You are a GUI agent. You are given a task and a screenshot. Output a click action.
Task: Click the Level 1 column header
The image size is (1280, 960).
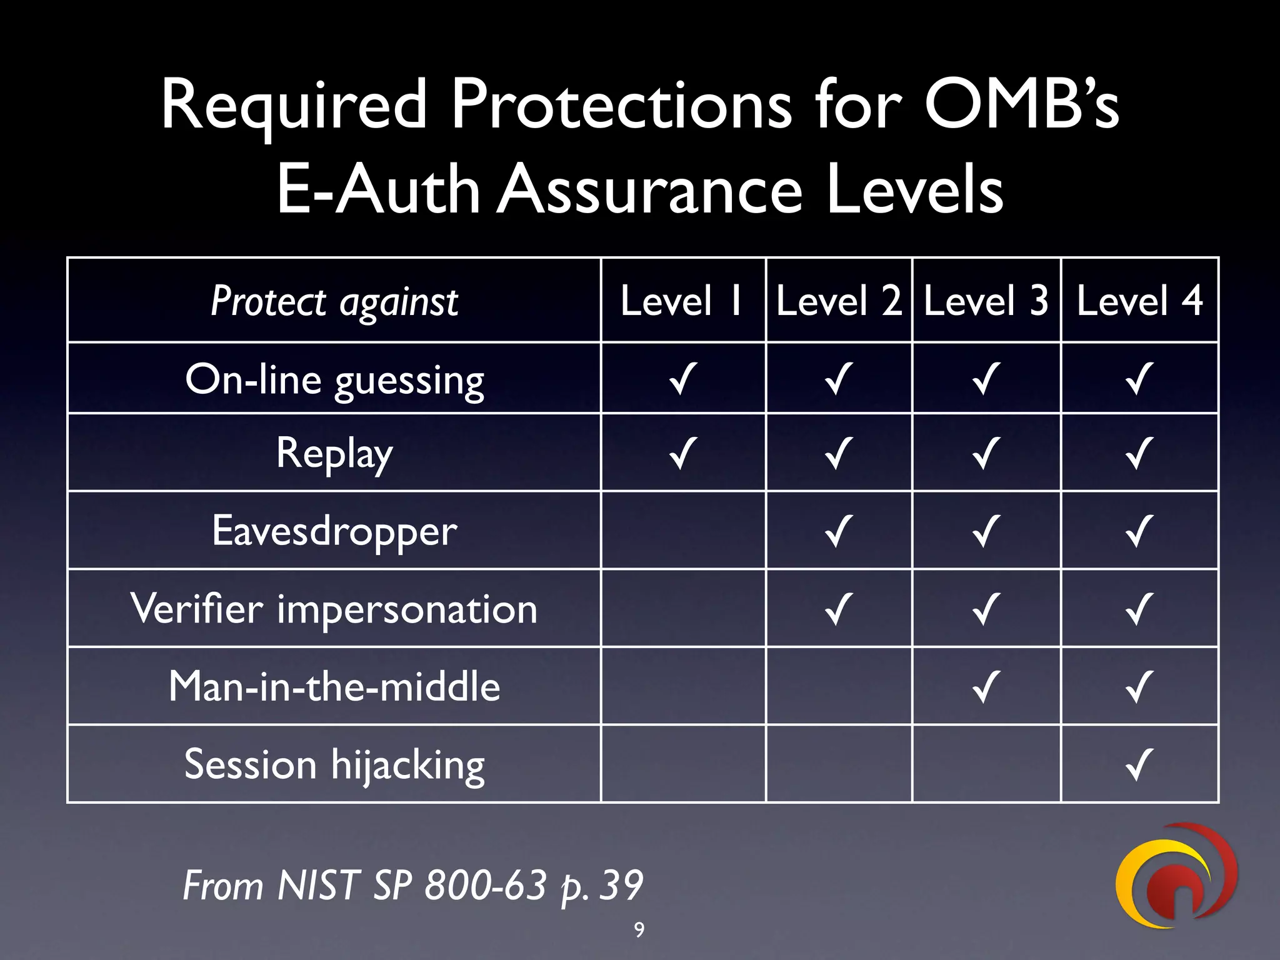[x=682, y=301]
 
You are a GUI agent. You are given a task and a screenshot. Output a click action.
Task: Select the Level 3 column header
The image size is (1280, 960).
[x=986, y=301]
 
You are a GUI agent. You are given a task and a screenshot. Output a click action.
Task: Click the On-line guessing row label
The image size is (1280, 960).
[x=334, y=380]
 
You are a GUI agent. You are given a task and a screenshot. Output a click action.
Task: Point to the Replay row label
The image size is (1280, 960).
[x=334, y=454]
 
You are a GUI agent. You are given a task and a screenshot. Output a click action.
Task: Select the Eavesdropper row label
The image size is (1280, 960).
[x=334, y=531]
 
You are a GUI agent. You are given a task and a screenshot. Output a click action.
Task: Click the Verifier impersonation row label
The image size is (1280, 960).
[x=334, y=609]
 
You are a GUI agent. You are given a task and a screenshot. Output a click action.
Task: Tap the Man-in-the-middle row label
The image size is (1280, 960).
[x=334, y=686]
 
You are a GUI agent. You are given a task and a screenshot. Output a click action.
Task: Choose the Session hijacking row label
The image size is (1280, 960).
[x=334, y=764]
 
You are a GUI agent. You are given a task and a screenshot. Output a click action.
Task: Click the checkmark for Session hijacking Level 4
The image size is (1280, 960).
[x=1139, y=764]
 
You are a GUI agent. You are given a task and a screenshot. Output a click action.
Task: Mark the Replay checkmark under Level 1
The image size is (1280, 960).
[x=682, y=453]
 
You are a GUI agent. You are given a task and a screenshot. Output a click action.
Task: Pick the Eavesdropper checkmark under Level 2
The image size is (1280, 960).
[x=837, y=531]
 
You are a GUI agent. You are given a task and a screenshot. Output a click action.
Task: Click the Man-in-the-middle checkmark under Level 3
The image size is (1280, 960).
[x=986, y=686]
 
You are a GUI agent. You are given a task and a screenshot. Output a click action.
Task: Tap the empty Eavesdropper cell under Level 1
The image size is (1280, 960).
[x=682, y=531]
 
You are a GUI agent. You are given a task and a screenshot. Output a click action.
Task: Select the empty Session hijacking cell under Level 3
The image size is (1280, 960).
[x=986, y=764]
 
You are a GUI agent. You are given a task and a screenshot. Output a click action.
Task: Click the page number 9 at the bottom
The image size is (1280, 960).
[x=639, y=930]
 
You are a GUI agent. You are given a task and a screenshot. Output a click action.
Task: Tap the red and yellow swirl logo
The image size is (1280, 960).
[x=1176, y=876]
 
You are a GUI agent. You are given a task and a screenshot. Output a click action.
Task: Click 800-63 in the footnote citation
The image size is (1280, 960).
[x=485, y=885]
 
